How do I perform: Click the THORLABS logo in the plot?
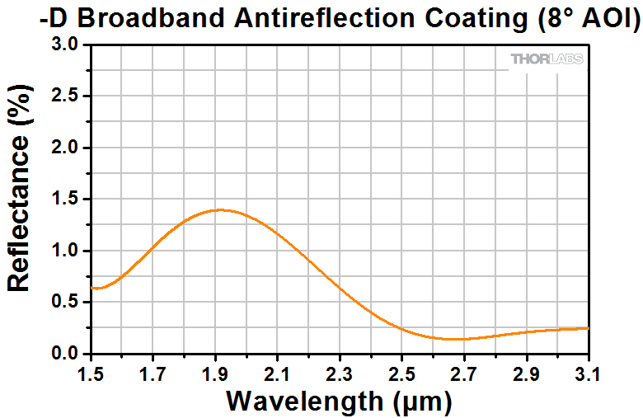547,59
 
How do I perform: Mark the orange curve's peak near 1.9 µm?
218,210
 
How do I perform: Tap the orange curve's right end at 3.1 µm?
589,328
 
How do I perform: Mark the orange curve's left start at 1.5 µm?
92,288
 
